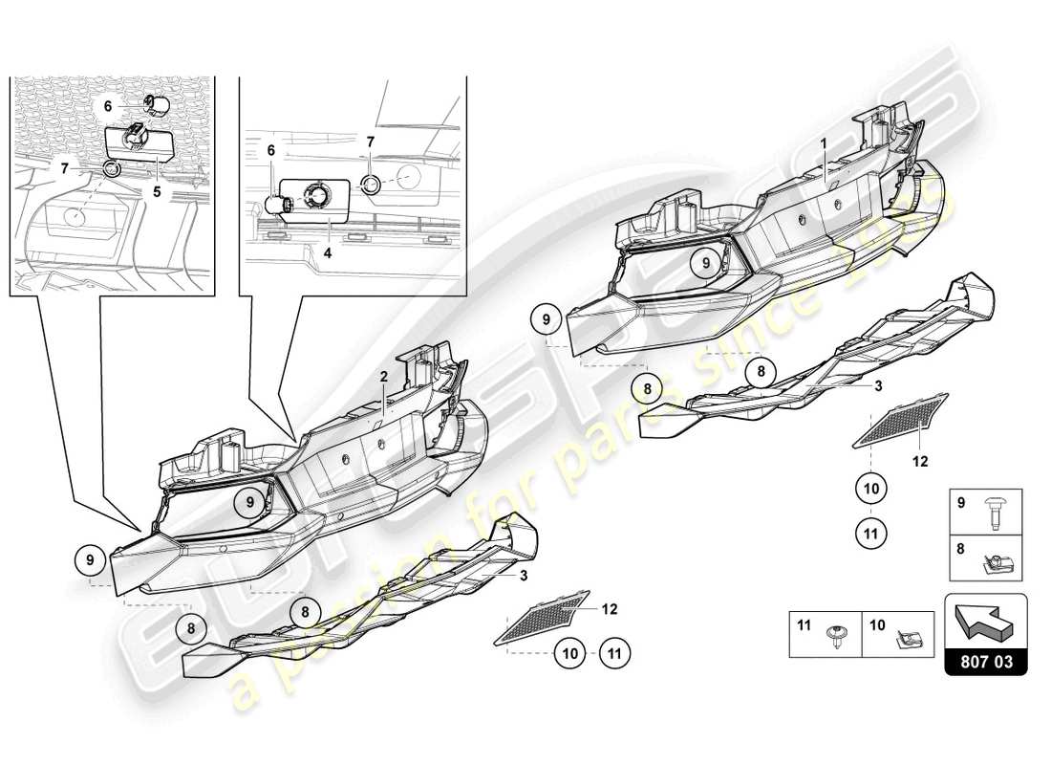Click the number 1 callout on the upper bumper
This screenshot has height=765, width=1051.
pos(824,142)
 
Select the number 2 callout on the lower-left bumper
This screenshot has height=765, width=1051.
pos(383,377)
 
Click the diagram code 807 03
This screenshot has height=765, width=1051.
pos(985,660)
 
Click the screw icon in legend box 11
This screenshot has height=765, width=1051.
pos(836,636)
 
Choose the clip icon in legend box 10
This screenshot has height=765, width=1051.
pos(903,636)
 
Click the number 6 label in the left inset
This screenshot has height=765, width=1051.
pos(109,107)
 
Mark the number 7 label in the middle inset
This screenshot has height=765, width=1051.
pos(370,142)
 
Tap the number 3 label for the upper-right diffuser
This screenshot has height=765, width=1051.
pos(877,385)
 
